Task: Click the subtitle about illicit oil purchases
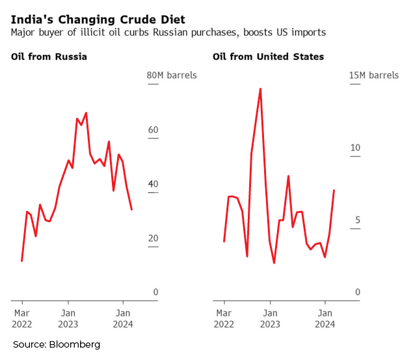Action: pos(168,32)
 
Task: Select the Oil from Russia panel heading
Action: pos(49,57)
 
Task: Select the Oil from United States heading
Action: pos(268,57)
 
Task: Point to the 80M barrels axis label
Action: pos(172,76)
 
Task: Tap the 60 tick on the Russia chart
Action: pos(153,130)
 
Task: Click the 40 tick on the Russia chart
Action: pos(153,184)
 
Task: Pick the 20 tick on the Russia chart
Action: pos(153,238)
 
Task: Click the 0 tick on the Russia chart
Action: pos(156,292)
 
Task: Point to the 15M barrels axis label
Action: pos(374,76)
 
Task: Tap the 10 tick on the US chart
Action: pos(355,148)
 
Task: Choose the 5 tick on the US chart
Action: pos(358,220)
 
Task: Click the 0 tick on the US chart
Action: pos(358,292)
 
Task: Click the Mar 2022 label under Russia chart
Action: pos(22,318)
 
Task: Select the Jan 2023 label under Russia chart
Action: pos(69,318)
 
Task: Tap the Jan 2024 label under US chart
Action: pos(325,318)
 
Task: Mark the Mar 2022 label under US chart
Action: pos(224,318)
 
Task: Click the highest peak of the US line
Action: pos(260,89)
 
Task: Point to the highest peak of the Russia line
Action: pos(86,113)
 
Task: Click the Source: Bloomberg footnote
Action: pos(57,344)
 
